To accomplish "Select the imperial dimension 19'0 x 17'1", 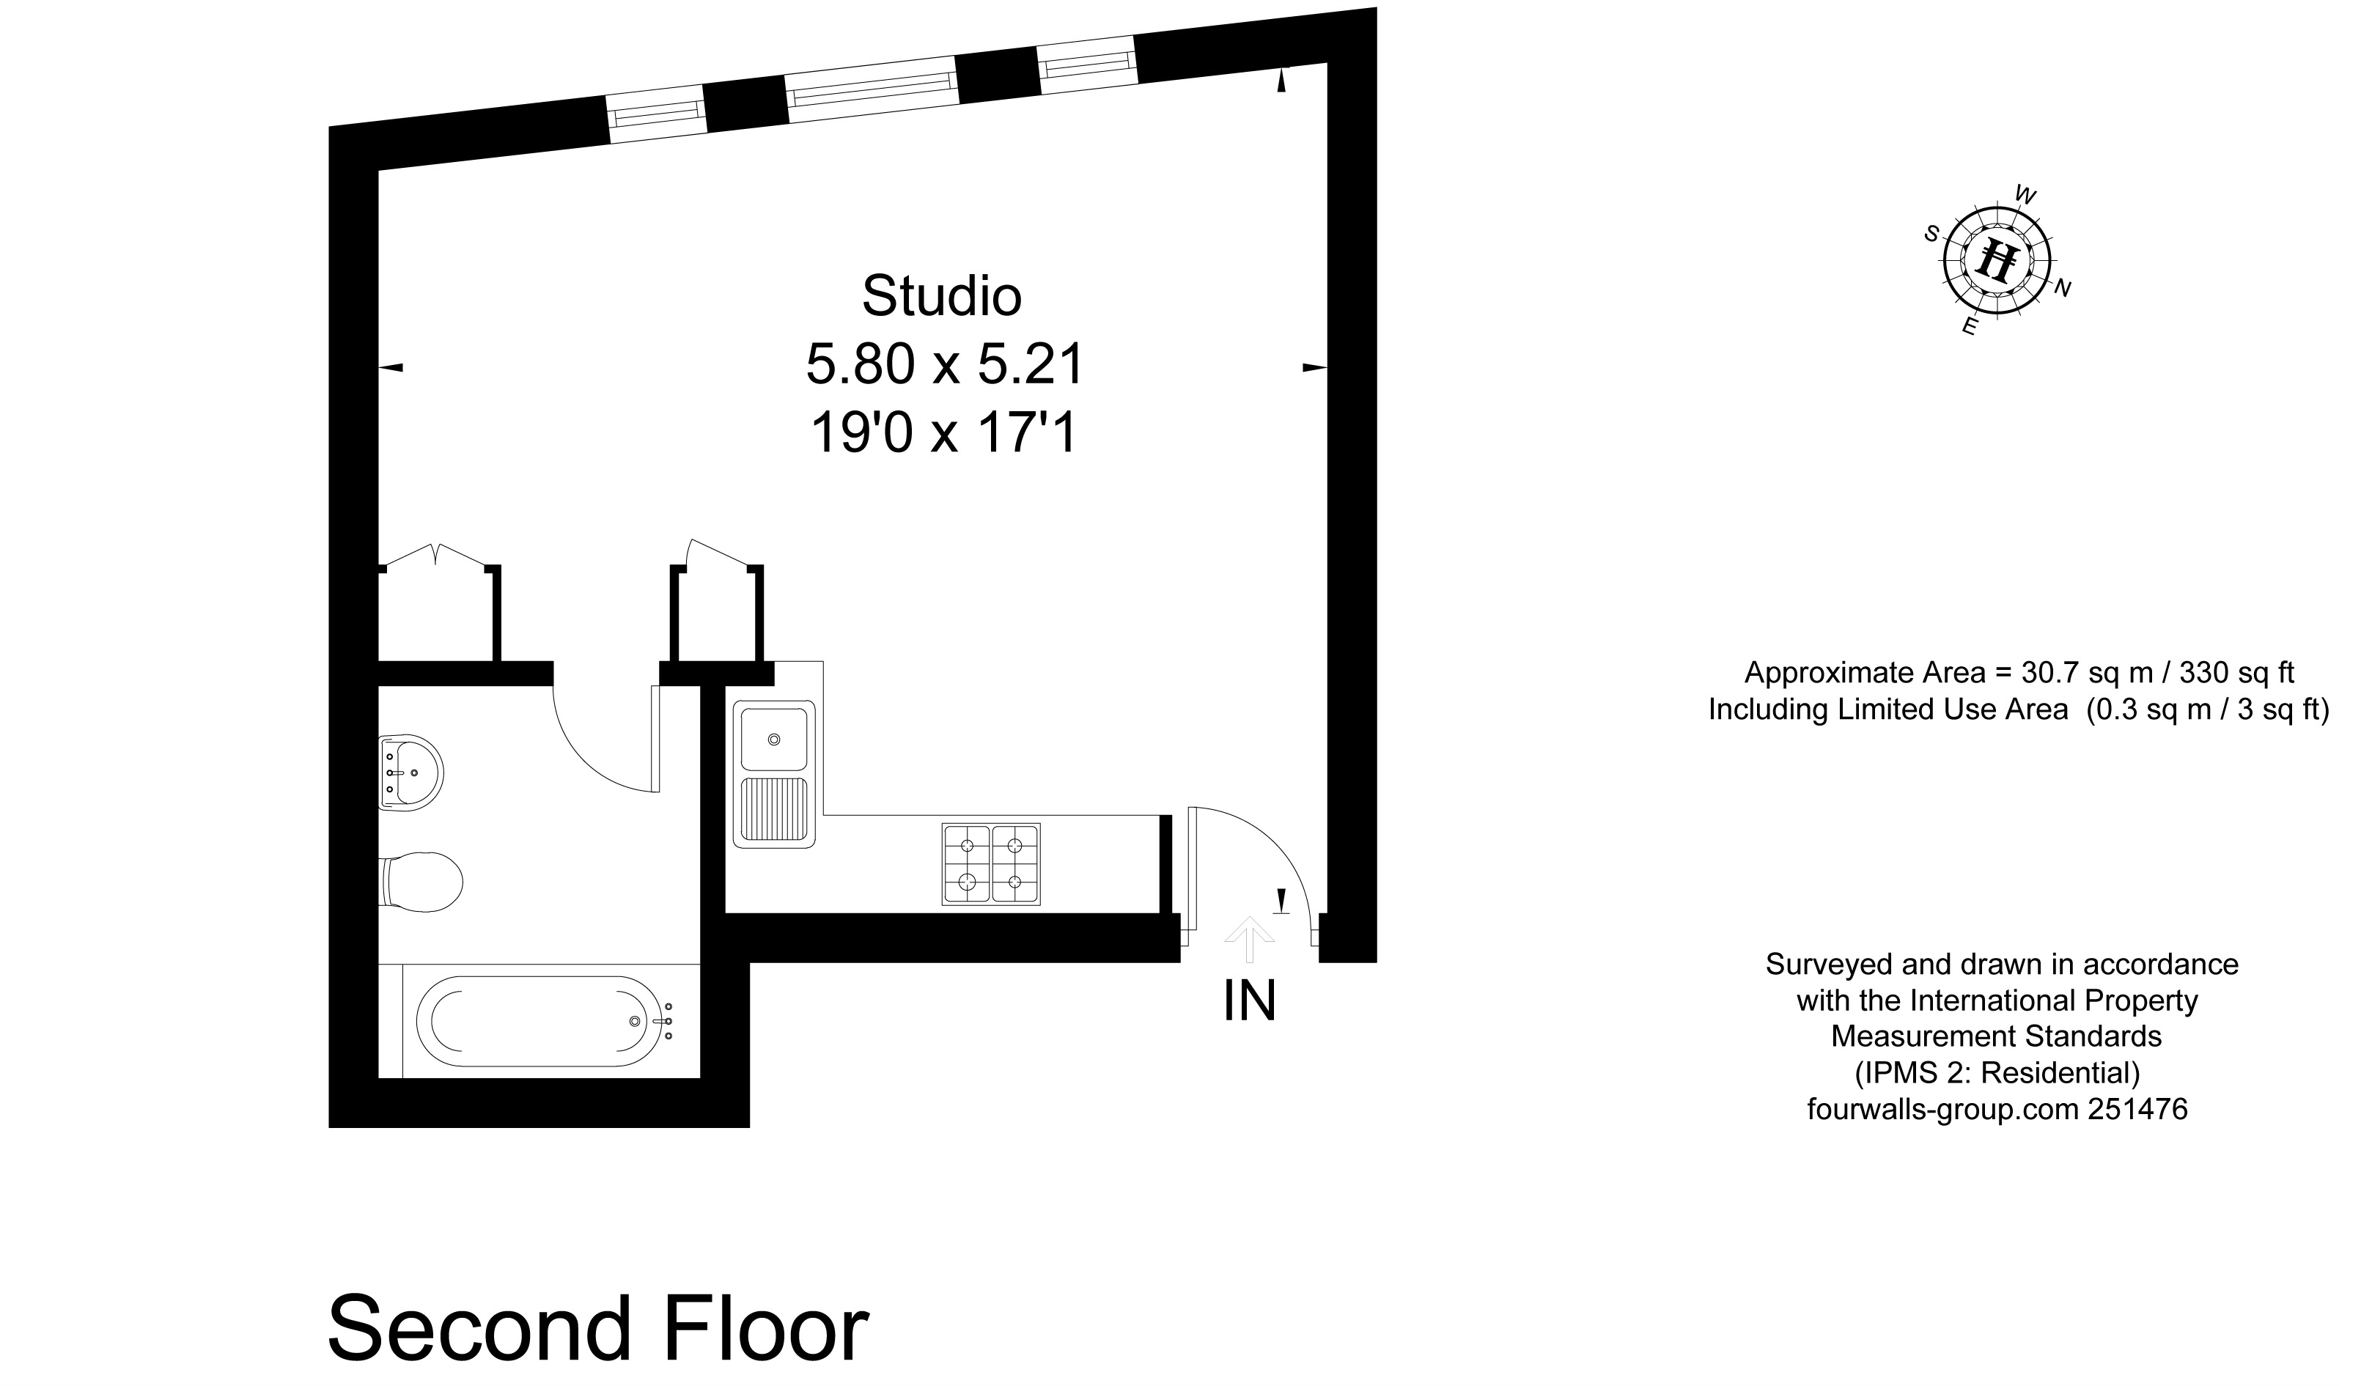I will point(944,434).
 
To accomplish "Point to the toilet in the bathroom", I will point(424,882).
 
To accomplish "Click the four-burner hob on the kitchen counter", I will point(991,864).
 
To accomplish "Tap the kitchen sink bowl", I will point(774,740).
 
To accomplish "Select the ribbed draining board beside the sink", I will point(774,808).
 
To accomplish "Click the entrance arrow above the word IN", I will point(1250,938).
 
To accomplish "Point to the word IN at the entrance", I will point(1250,1001).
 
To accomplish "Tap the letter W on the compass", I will point(2025,196).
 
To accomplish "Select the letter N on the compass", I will point(2062,289).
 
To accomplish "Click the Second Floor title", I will point(597,1329).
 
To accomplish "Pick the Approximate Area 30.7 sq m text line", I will point(2019,672).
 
